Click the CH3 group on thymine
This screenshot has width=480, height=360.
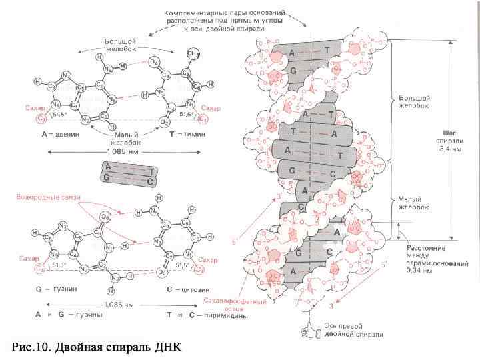[195, 52]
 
